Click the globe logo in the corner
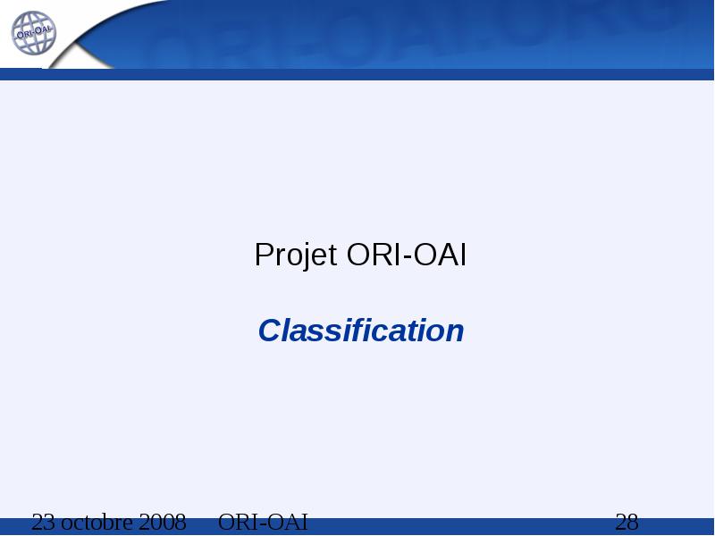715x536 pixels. tap(33, 33)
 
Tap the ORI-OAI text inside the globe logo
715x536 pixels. tap(34, 32)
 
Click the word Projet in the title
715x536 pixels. tap(296, 255)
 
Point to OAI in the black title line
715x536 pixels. tap(440, 255)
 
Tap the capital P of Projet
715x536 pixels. tap(264, 255)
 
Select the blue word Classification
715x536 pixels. tap(361, 331)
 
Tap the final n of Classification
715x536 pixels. tap(454, 333)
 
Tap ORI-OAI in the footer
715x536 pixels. tap(263, 523)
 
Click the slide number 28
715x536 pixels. tap(627, 523)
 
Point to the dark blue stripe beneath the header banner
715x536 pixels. tap(357, 74)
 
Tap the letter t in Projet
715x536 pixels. tap(332, 255)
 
